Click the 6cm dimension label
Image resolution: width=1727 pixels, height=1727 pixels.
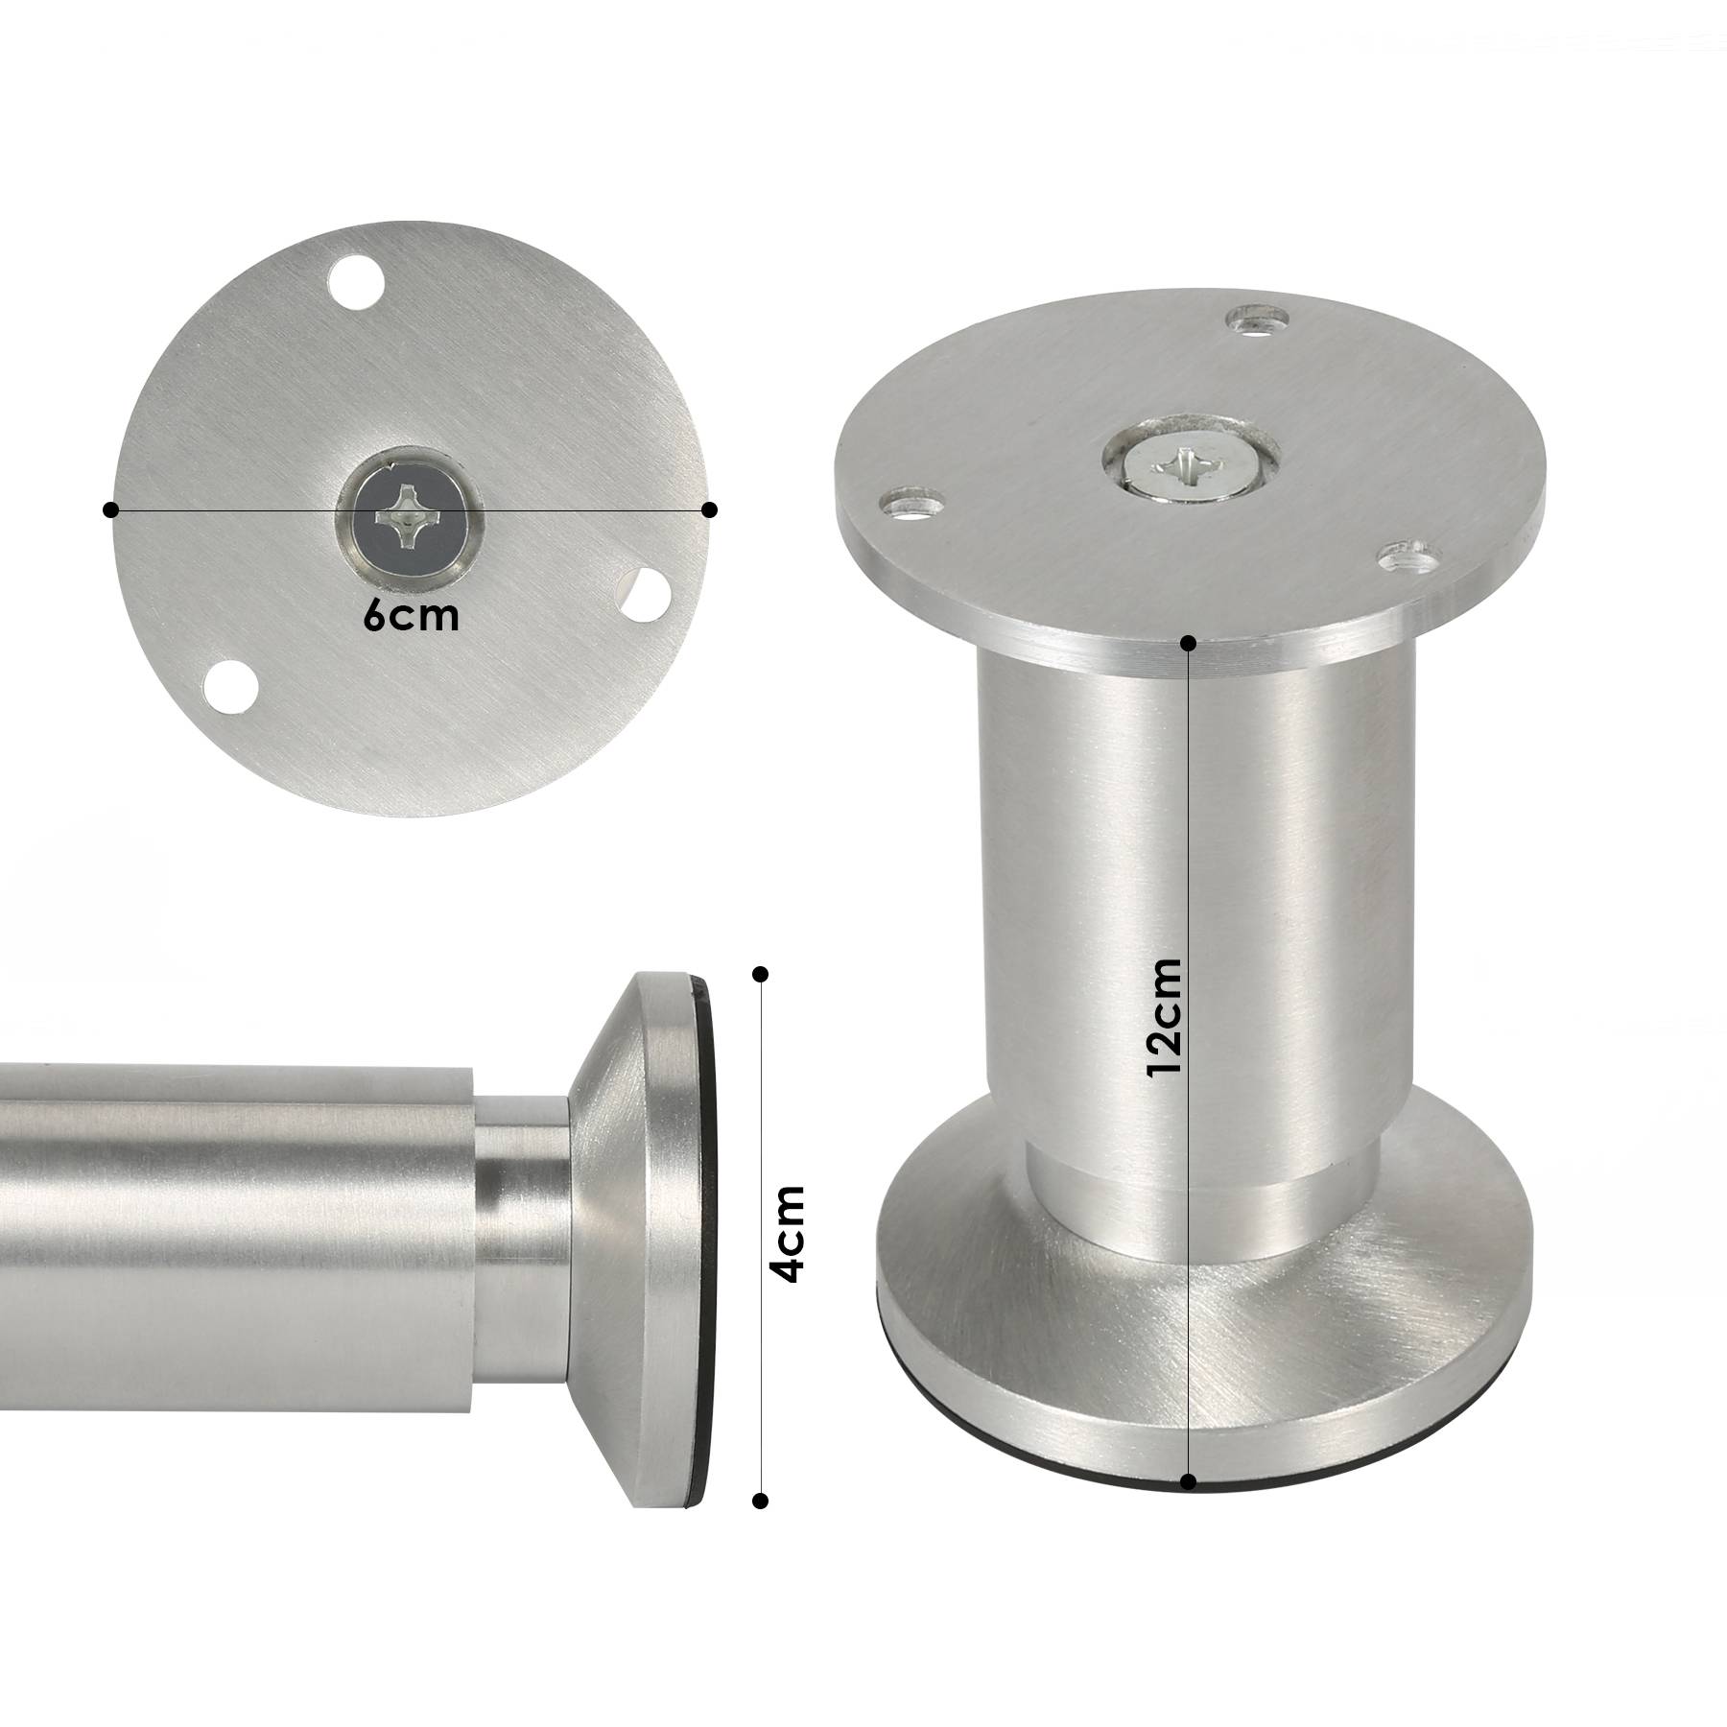(x=411, y=617)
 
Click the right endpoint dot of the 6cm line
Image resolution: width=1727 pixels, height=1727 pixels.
(x=710, y=509)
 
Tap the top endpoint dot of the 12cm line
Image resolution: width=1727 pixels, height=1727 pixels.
(x=1189, y=642)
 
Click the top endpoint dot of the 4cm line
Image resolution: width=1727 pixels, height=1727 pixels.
(x=761, y=974)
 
